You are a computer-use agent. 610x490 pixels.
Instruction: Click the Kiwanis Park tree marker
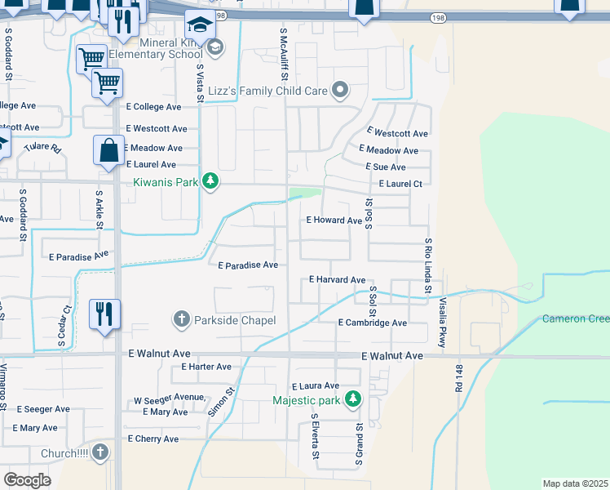pos(210,180)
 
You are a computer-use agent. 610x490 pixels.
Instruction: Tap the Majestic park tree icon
pos(352,399)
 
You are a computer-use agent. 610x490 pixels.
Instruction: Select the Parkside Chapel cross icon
pos(181,319)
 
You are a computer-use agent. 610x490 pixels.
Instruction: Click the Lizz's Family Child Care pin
pos(340,91)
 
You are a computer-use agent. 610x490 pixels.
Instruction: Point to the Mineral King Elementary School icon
pos(214,47)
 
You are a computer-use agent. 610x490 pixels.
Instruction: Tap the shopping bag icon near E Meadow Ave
pos(108,150)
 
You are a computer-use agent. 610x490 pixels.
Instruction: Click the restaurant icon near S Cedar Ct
pos(104,313)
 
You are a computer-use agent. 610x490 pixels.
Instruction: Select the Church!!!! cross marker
pos(99,452)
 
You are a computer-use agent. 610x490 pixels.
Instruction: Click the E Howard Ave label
pos(334,220)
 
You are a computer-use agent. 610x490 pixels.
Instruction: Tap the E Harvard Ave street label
pos(337,280)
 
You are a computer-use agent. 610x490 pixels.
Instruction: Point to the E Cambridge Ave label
pos(372,323)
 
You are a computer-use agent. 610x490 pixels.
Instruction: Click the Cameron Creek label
pos(575,318)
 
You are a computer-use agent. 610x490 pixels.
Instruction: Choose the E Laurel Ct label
pos(400,184)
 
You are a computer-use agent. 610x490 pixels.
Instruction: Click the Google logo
pos(27,479)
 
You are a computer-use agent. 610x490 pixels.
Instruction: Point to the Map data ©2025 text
pos(575,483)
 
